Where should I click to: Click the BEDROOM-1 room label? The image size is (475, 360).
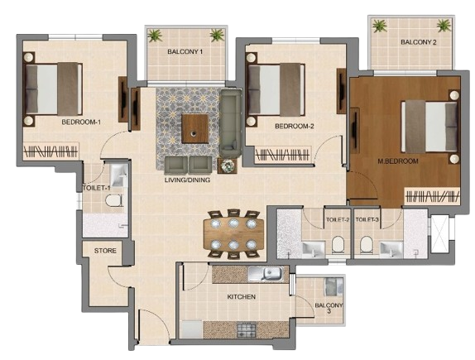80,122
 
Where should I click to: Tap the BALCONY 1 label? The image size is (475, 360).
185,52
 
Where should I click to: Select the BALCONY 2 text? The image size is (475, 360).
418,42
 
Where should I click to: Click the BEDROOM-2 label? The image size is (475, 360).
294,127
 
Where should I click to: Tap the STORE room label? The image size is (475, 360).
105,250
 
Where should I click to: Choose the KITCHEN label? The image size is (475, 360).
241,296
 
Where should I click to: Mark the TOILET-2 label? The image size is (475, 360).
337,220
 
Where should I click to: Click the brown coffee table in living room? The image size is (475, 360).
195,129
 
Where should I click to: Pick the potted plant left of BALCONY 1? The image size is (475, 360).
154,35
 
